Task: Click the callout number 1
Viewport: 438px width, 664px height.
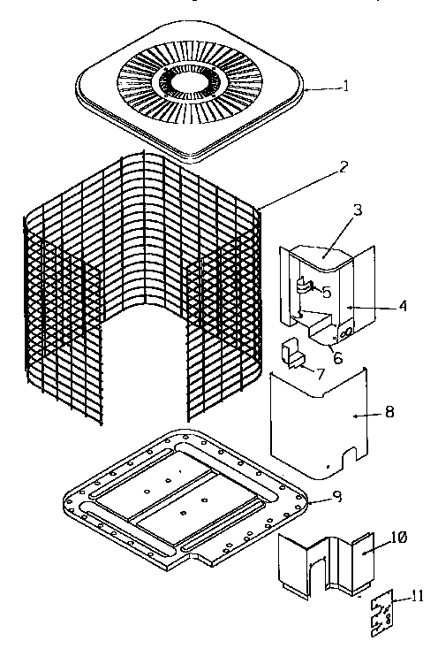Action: click(x=346, y=86)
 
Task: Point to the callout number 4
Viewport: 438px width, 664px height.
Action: click(x=402, y=307)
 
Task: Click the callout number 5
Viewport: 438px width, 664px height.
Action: click(x=326, y=291)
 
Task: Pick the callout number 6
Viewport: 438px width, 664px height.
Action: click(x=336, y=357)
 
